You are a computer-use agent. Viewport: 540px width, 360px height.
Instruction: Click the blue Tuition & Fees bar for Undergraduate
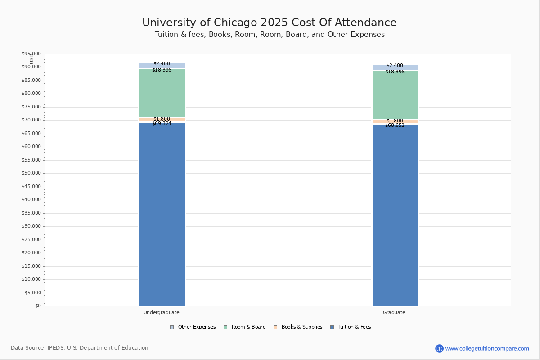point(162,214)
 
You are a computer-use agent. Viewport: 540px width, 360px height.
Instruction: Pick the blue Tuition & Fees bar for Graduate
point(395,215)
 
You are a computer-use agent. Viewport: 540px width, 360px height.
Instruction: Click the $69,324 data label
point(162,124)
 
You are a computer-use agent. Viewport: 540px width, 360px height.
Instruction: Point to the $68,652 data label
point(395,126)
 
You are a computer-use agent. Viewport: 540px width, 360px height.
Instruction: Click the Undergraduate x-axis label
point(162,312)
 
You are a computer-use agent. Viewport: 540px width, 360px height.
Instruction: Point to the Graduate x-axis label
point(394,312)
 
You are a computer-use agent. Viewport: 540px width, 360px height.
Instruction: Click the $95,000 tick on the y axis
point(31,54)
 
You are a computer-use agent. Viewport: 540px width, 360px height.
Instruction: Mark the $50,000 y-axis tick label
point(31,173)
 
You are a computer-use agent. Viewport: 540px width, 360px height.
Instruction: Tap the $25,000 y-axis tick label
point(31,239)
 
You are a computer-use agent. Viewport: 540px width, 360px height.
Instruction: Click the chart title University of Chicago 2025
point(270,23)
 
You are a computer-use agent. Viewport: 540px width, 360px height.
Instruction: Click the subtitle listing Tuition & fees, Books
point(270,35)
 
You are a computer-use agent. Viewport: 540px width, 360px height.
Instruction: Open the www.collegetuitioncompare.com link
point(487,348)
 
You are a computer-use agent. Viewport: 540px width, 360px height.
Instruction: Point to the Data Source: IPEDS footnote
point(80,348)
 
